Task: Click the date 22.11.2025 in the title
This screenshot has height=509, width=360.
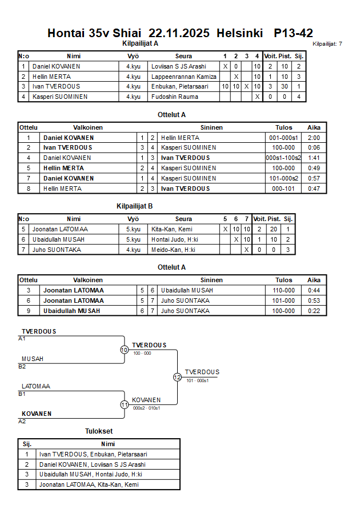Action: (180, 33)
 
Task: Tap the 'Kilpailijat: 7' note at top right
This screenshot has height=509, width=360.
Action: (327, 43)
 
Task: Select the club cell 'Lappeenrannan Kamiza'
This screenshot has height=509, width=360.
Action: (183, 77)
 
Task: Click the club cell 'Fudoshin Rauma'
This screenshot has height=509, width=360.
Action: (174, 97)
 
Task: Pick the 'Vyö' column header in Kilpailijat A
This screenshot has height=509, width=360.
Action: (133, 56)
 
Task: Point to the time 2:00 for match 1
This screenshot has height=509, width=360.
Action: (313, 138)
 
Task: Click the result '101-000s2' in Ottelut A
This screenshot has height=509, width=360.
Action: (283, 178)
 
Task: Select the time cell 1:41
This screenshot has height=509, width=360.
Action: (313, 158)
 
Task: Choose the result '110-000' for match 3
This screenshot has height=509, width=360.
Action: (283, 290)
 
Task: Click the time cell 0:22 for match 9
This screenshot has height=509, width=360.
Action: (313, 311)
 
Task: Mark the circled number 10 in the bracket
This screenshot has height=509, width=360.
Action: (124, 350)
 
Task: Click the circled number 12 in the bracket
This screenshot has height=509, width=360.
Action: (177, 377)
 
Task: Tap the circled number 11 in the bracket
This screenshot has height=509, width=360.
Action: (124, 404)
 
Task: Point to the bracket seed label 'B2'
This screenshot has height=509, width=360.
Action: (22, 366)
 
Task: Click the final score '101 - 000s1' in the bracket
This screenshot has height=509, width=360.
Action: (198, 380)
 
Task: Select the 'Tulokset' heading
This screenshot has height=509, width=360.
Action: (98, 431)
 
